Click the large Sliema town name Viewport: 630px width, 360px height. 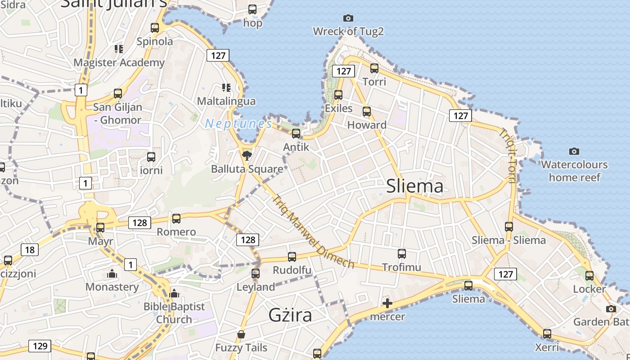tap(414, 186)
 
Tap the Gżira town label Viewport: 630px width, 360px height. tap(290, 315)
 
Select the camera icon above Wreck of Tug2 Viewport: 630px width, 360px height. tap(348, 18)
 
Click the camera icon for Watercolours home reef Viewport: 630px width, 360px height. tap(574, 151)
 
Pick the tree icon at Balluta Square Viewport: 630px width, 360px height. tap(247, 156)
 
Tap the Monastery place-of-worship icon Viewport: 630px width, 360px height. tap(112, 274)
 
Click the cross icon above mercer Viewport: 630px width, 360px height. tap(387, 303)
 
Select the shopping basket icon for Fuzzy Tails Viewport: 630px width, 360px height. tap(241, 334)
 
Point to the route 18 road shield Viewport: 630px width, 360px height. tap(29, 250)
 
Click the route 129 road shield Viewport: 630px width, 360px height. tap(40, 346)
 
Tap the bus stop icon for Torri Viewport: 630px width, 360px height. tap(374, 68)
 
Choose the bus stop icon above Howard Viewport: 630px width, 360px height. tap(367, 112)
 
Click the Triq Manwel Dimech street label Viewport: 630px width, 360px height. tap(313, 231)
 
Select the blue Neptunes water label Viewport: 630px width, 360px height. tap(238, 124)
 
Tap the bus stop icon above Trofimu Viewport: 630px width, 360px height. tap(401, 254)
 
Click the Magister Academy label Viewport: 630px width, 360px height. tap(119, 63)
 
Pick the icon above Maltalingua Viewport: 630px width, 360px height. tap(226, 87)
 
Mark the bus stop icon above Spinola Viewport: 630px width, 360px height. tap(155, 28)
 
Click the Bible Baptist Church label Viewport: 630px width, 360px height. tap(174, 313)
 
